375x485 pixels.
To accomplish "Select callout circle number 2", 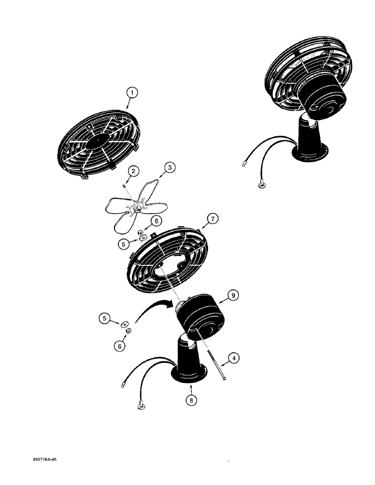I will [133, 170].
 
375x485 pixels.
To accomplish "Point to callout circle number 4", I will [234, 359].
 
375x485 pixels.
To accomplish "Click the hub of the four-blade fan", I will [138, 209].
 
